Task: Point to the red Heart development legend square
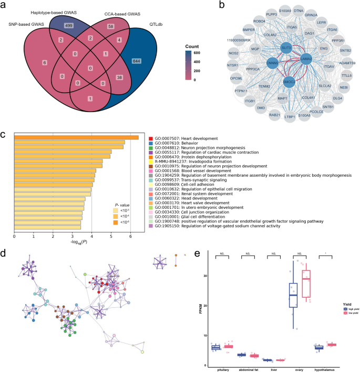point(150,137)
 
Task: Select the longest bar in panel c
point(76,138)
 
